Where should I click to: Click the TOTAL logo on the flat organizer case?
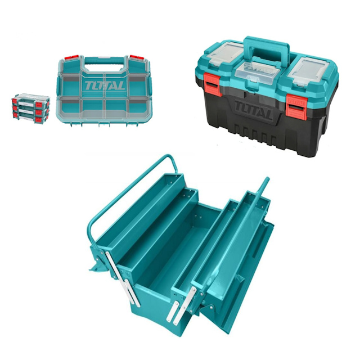105,86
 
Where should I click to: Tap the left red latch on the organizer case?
71,57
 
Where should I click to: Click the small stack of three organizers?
31,109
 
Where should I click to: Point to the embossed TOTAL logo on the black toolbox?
254,109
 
